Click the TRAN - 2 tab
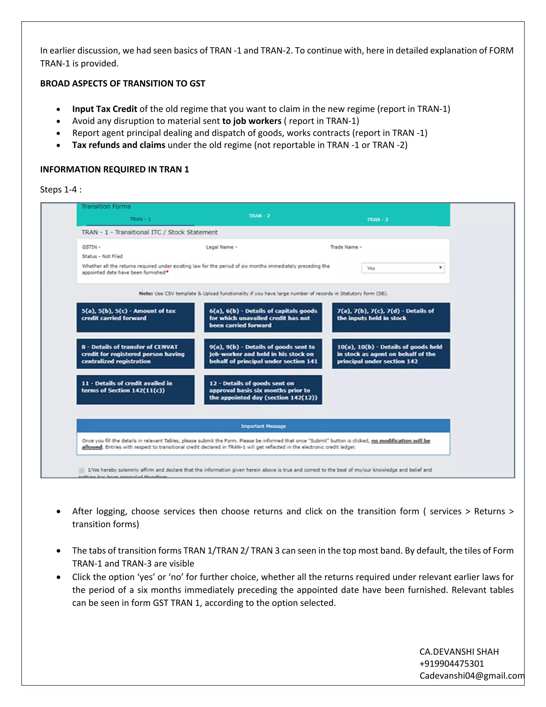[259, 216]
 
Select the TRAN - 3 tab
[377, 220]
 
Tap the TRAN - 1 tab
[140, 219]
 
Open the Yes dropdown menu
[403, 268]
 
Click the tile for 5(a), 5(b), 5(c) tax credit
[135, 317]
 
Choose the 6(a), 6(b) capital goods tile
[263, 317]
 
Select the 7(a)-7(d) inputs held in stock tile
[391, 317]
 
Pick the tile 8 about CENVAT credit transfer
[135, 353]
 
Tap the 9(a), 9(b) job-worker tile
[263, 353]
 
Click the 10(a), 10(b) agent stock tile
[391, 353]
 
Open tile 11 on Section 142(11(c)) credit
[135, 390]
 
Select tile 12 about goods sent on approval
[263, 390]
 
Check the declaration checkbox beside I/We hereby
[82, 470]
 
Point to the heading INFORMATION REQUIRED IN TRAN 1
[114, 169]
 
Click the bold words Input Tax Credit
[105, 109]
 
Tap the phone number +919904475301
[452, 664]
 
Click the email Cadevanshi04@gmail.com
[472, 676]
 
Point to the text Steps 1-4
[61, 189]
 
